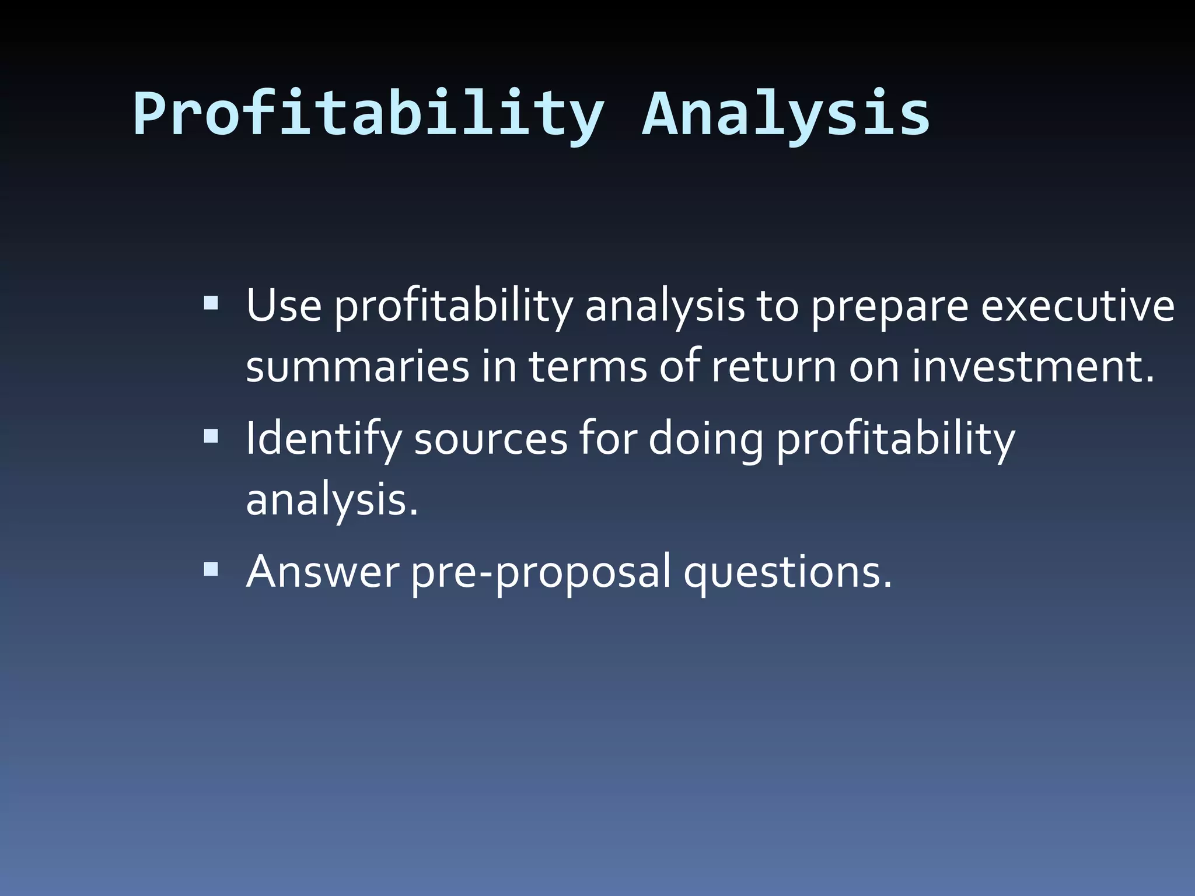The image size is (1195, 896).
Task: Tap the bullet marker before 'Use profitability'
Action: pos(211,303)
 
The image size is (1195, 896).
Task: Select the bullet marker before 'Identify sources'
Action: pos(211,436)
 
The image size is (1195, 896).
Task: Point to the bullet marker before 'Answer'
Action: pos(211,569)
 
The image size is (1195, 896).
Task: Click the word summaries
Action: pos(357,367)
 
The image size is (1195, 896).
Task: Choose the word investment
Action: pos(1033,367)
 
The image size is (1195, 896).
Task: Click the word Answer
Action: pos(323,571)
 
